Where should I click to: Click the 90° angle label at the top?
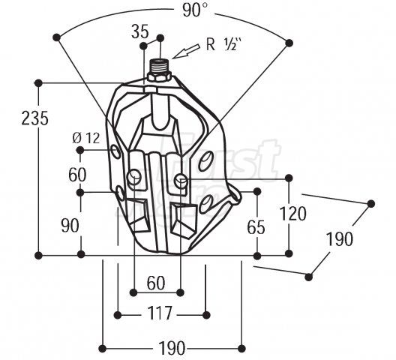[195, 10]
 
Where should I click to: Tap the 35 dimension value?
[140, 32]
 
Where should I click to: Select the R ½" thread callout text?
[223, 45]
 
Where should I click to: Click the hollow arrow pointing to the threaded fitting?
[187, 52]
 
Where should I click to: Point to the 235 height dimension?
[34, 118]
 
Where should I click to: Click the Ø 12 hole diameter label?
[85, 138]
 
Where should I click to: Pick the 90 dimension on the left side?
[70, 226]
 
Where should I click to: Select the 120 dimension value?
[293, 214]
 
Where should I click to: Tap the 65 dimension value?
[256, 227]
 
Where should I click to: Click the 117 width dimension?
[160, 313]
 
